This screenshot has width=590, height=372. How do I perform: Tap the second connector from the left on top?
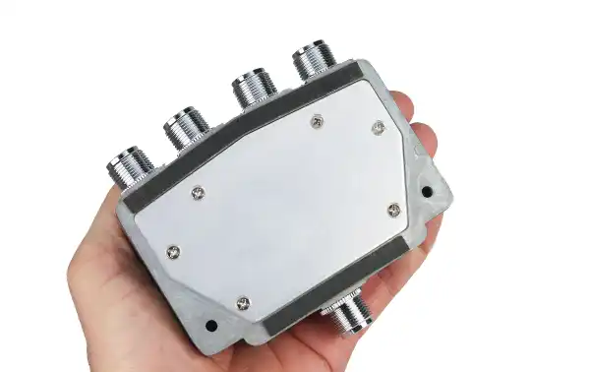click(184, 127)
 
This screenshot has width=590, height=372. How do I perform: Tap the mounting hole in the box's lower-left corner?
click(209, 325)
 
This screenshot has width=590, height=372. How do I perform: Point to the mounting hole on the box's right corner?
click(428, 187)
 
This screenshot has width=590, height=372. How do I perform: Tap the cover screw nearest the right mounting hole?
click(393, 209)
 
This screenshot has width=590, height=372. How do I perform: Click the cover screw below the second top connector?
click(198, 192)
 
